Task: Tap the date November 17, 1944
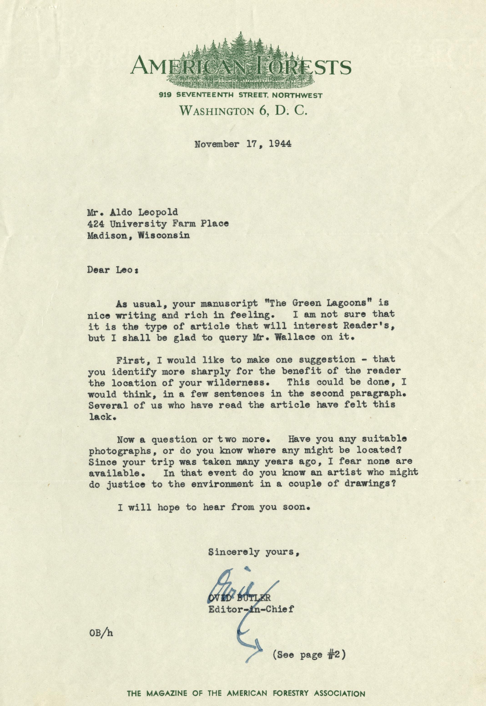(243, 144)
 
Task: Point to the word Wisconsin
(164, 235)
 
